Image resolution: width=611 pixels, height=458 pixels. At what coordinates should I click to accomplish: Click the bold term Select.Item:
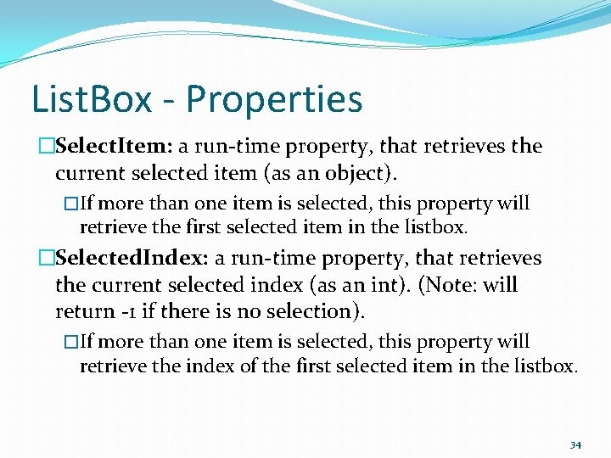114,146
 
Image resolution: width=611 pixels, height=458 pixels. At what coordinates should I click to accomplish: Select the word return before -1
82,312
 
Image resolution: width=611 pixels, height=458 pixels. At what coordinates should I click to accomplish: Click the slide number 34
575,444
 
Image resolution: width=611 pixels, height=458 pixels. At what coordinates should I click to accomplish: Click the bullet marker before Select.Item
47,146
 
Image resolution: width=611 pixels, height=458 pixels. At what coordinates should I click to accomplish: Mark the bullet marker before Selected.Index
47,258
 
